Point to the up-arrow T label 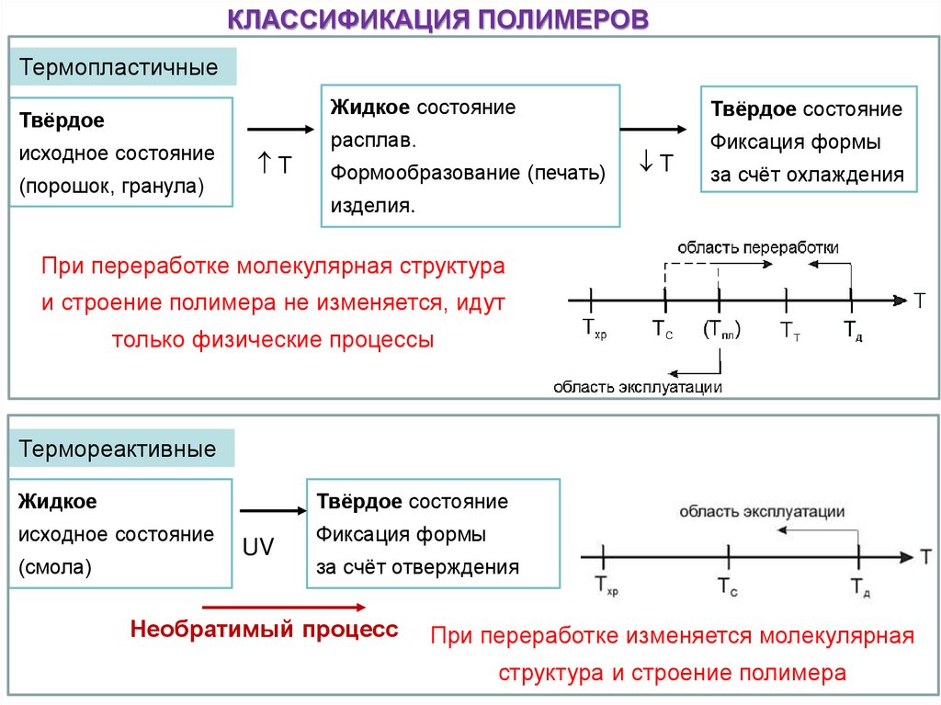(x=274, y=165)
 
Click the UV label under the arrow (x=258, y=547)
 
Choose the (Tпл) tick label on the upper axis (x=721, y=330)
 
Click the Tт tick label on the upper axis (x=789, y=331)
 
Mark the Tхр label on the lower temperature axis (x=607, y=585)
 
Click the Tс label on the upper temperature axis (x=663, y=329)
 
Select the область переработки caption (x=758, y=247)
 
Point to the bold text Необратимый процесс (x=265, y=631)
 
